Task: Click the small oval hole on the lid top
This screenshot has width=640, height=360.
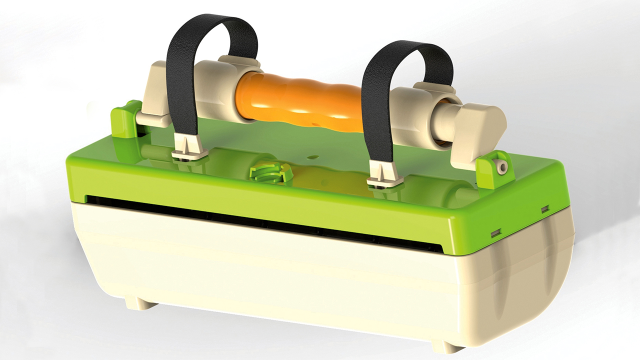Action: click(x=312, y=156)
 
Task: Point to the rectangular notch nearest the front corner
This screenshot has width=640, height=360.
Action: click(x=496, y=232)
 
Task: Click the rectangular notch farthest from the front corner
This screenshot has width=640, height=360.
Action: click(x=545, y=208)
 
